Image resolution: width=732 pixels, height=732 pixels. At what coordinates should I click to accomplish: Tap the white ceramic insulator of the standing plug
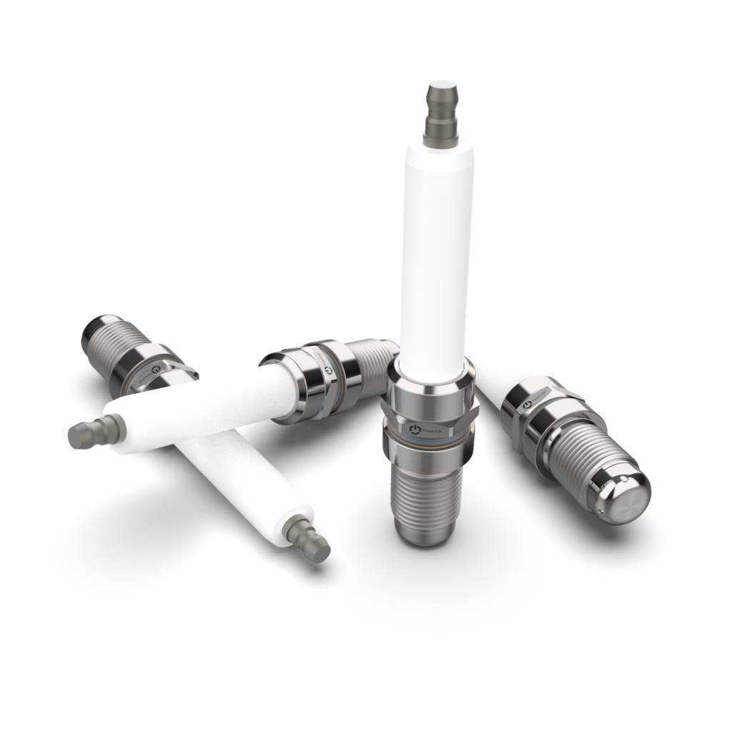tap(435, 250)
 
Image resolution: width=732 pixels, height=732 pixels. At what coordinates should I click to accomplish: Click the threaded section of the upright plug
tap(426, 500)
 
